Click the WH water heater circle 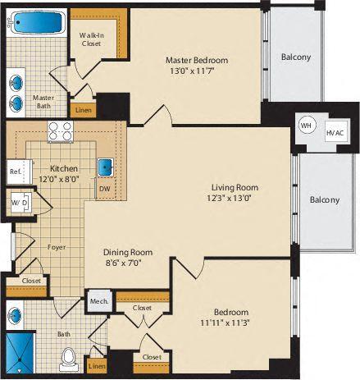click(306, 125)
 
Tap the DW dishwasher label click(103, 189)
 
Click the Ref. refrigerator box click(16, 172)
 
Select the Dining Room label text click(125, 253)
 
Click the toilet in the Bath click(70, 359)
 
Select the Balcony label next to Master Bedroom click(294, 57)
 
